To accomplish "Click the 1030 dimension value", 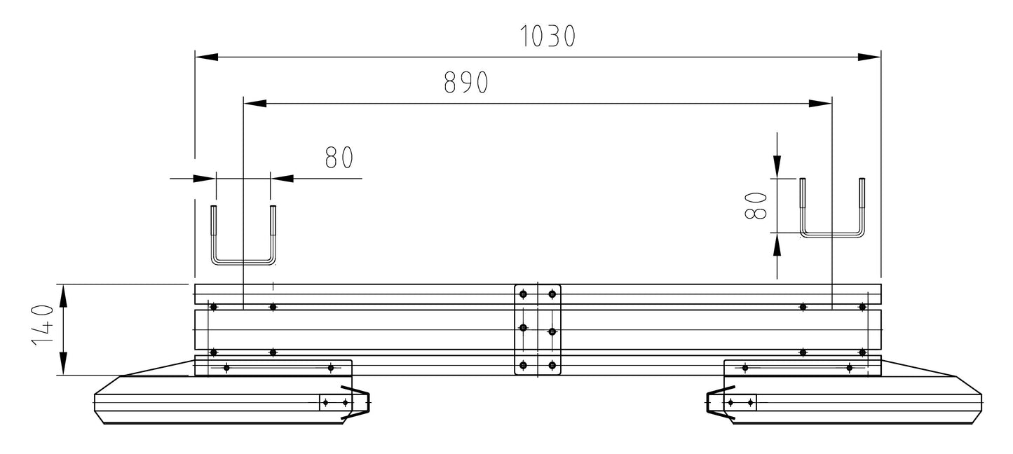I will point(548,36).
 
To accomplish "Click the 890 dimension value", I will point(466,83).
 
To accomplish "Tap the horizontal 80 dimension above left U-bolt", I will point(339,158).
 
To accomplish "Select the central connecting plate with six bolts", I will point(538,329).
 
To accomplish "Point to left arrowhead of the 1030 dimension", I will point(205,57).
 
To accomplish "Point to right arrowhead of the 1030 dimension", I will point(870,57).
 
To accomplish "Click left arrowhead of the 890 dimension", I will point(254,103).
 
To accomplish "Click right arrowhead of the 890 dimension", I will point(820,103).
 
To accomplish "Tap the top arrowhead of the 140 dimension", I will point(62,296).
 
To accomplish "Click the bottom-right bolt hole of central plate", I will point(552,365).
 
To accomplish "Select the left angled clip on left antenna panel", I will point(356,402).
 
